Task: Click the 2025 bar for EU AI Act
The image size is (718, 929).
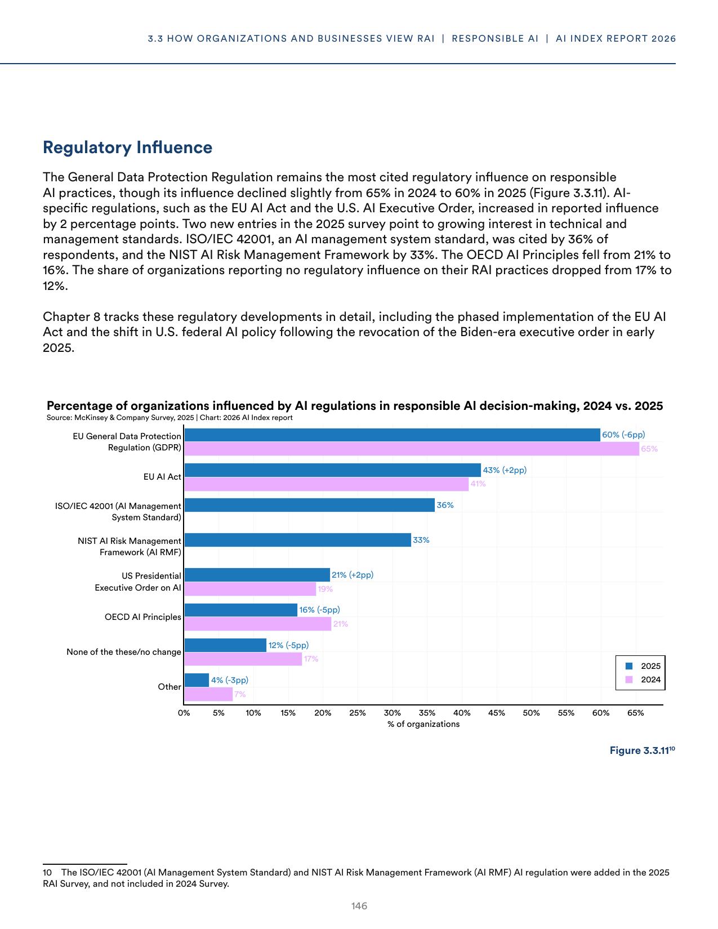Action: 332,470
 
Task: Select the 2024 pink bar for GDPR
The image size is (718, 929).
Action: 411,449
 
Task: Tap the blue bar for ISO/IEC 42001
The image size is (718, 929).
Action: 309,505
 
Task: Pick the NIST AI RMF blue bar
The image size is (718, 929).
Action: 297,540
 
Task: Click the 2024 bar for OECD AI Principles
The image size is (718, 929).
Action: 257,624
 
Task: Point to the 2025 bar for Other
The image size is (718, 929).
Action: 196,680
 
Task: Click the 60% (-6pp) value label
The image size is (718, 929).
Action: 623,435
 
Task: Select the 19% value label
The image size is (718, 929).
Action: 325,589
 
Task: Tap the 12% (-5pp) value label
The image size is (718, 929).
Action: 288,645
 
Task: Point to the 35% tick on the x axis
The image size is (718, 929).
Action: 427,713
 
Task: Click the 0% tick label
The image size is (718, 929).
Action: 184,713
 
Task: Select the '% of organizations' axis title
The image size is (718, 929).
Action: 423,724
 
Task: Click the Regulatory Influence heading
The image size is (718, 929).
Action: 128,148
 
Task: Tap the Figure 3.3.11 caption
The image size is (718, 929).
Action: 641,751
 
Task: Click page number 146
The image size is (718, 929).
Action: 359,906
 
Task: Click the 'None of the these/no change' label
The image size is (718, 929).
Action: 124,652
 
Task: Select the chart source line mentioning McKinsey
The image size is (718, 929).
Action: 170,418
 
